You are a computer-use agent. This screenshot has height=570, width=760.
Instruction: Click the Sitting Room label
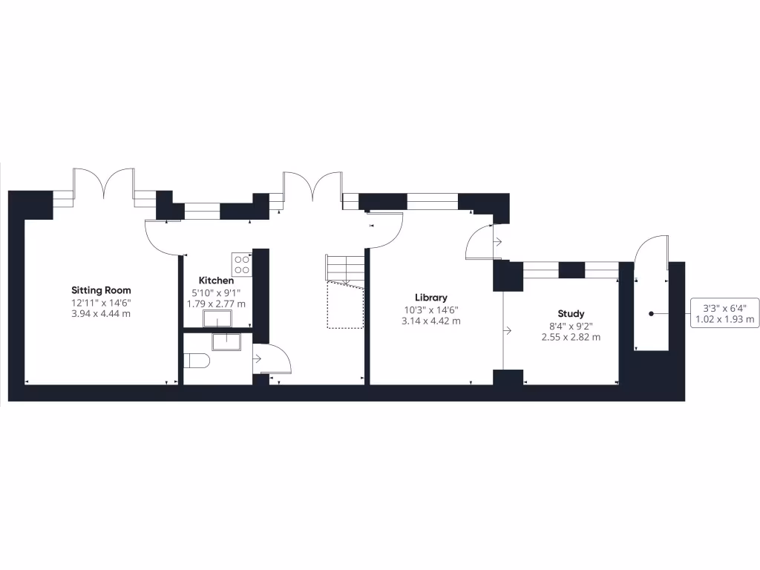click(x=101, y=289)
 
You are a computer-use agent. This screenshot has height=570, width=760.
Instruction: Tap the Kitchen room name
click(x=216, y=281)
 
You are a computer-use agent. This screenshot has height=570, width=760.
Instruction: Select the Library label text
click(x=431, y=298)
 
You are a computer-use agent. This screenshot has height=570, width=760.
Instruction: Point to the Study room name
click(x=571, y=313)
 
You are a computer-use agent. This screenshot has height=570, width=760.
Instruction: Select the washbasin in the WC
click(x=226, y=341)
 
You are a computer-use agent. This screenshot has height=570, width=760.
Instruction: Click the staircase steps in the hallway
click(x=345, y=269)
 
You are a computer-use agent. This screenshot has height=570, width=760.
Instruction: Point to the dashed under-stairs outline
click(x=346, y=306)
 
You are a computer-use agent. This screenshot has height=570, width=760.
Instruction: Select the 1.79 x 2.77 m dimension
click(x=216, y=304)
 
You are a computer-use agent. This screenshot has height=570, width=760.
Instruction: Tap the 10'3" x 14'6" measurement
click(x=431, y=309)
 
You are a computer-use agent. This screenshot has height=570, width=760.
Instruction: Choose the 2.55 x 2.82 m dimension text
click(x=571, y=337)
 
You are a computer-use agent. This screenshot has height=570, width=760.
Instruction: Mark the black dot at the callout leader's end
click(x=652, y=314)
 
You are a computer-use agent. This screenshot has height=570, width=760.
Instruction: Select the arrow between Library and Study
click(x=508, y=329)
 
